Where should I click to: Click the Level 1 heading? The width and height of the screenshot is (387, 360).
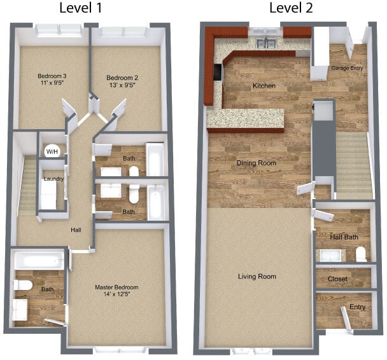89,8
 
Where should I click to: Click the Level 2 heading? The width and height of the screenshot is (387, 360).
292,8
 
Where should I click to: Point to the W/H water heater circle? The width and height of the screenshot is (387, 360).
51,151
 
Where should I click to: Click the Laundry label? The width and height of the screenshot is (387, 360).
53,179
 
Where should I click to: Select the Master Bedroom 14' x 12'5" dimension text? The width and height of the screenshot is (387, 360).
117,295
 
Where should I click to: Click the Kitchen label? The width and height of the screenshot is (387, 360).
264,85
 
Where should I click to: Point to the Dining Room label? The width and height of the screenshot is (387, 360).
256,163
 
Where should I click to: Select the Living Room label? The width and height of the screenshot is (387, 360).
257,277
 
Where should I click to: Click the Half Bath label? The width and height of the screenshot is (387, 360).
344,237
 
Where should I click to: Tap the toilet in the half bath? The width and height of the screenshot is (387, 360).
362,255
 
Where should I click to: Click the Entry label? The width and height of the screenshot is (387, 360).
357,308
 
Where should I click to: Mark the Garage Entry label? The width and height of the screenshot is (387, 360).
348,67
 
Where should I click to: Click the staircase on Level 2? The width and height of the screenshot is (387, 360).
354,165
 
